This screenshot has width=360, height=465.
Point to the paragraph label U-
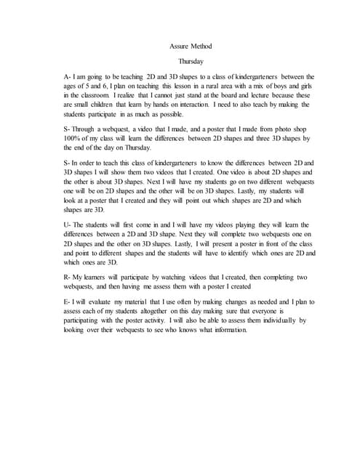pyautogui.click(x=68, y=225)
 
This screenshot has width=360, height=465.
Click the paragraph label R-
pyautogui.click(x=68, y=277)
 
